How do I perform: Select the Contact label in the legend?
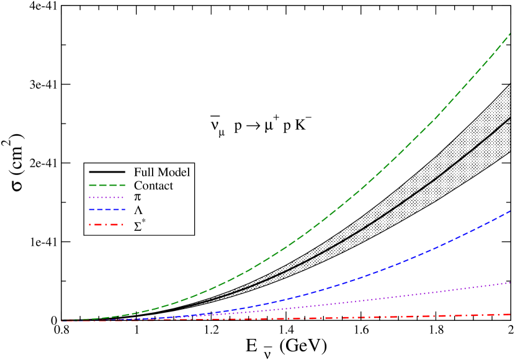(x=153, y=186)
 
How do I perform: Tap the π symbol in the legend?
(x=138, y=197)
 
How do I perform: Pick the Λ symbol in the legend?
(x=138, y=211)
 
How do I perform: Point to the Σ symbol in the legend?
(x=138, y=226)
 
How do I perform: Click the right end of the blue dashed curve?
(x=509, y=211)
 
